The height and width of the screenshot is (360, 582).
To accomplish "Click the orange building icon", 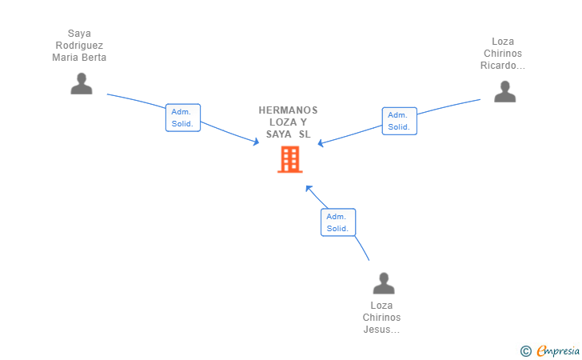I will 289,159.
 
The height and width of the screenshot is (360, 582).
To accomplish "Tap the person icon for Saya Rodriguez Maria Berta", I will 82,84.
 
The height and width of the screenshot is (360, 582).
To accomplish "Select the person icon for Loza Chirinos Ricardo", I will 504,92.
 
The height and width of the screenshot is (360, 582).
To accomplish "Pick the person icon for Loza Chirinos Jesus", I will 384,284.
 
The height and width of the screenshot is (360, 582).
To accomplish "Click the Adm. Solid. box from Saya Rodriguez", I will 183,118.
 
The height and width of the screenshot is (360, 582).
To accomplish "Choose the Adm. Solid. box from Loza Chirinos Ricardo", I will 399,121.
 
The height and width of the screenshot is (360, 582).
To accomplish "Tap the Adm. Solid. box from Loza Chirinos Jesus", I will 338,222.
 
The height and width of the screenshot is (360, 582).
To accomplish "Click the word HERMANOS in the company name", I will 288,110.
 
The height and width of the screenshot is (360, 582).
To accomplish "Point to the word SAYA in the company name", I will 279,134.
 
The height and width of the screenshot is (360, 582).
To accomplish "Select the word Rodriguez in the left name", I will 79,46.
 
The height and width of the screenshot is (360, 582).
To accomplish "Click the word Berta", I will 92,58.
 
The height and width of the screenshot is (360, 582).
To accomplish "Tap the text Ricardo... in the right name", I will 503,66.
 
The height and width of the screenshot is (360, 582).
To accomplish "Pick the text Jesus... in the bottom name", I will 381,330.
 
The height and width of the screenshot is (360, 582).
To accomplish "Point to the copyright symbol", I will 525,350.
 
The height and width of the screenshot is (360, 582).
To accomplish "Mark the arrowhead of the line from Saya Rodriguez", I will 256,142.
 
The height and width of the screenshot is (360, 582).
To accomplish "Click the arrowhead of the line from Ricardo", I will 321,144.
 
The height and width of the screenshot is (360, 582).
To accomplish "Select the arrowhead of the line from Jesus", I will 308,189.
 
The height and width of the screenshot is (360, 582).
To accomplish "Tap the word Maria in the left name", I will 66,58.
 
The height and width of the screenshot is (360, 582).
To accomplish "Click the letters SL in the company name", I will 305,134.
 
